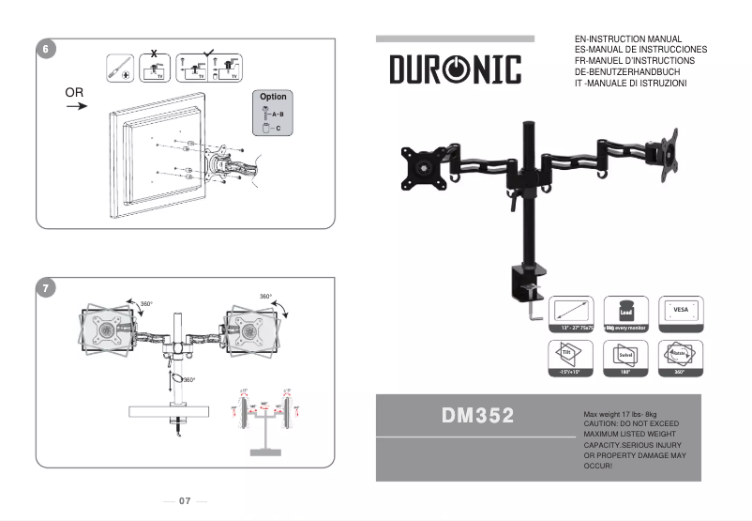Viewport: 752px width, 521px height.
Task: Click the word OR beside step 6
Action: tap(75, 93)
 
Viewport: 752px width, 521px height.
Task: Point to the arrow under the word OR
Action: tap(77, 107)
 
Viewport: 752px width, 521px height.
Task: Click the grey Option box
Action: tap(273, 113)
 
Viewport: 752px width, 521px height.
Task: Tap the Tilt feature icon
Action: tap(566, 358)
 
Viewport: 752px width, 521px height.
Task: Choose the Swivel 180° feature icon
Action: tap(624, 358)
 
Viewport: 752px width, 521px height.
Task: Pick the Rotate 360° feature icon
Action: tap(680, 358)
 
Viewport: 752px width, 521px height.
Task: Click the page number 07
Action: tap(185, 500)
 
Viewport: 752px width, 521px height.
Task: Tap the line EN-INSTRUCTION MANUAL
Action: tap(627, 39)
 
